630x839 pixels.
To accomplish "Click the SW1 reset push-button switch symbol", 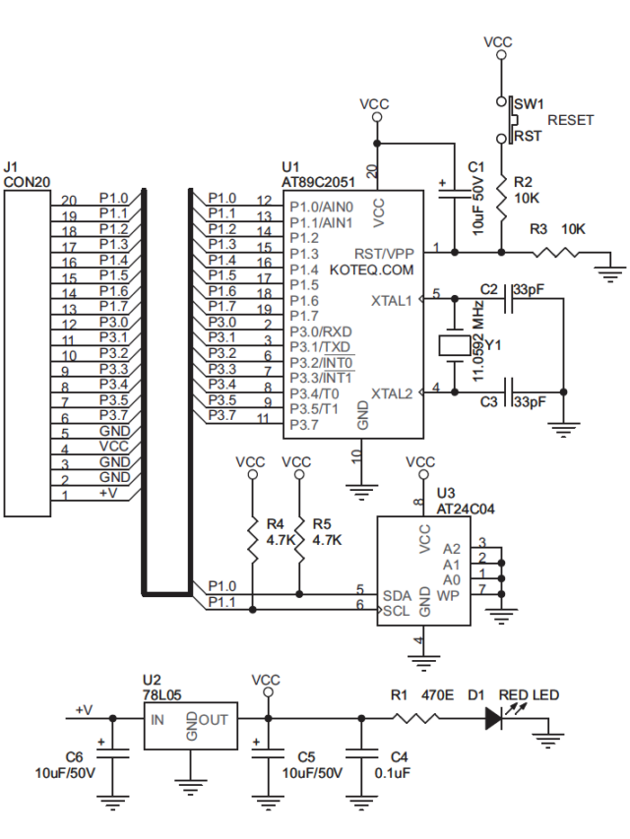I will click(511, 119).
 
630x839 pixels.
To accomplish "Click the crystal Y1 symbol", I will click(453, 344).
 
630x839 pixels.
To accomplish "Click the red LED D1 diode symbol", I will click(494, 719).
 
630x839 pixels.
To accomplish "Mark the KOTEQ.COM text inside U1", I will click(372, 269).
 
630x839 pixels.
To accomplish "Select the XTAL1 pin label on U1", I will click(392, 299).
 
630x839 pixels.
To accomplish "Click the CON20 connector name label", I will click(27, 182).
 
